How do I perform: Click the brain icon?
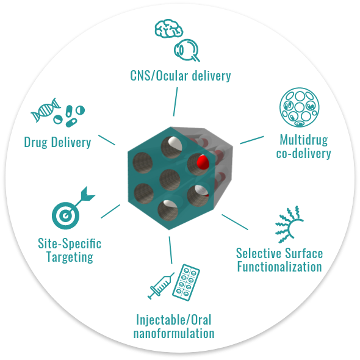[x=169, y=29]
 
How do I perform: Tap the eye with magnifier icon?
[x=187, y=50]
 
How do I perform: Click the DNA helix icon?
[x=46, y=110]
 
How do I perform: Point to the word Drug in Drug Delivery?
[x=36, y=142]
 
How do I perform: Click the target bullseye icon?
[x=65, y=215]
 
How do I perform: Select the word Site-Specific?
[x=70, y=243]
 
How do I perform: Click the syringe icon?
[x=161, y=286]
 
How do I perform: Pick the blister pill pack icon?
[x=186, y=282]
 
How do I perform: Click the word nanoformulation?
[x=174, y=333]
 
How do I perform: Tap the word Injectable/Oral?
[x=173, y=320]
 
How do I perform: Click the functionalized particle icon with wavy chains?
[x=290, y=225]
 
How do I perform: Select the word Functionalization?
[x=279, y=267]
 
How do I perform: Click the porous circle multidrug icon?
[x=300, y=107]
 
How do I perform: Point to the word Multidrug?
[x=304, y=140]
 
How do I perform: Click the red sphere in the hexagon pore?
[x=203, y=162]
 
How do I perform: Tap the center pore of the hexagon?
[x=170, y=180]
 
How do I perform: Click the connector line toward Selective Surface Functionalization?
[x=235, y=222]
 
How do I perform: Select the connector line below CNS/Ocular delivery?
[x=175, y=102]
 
